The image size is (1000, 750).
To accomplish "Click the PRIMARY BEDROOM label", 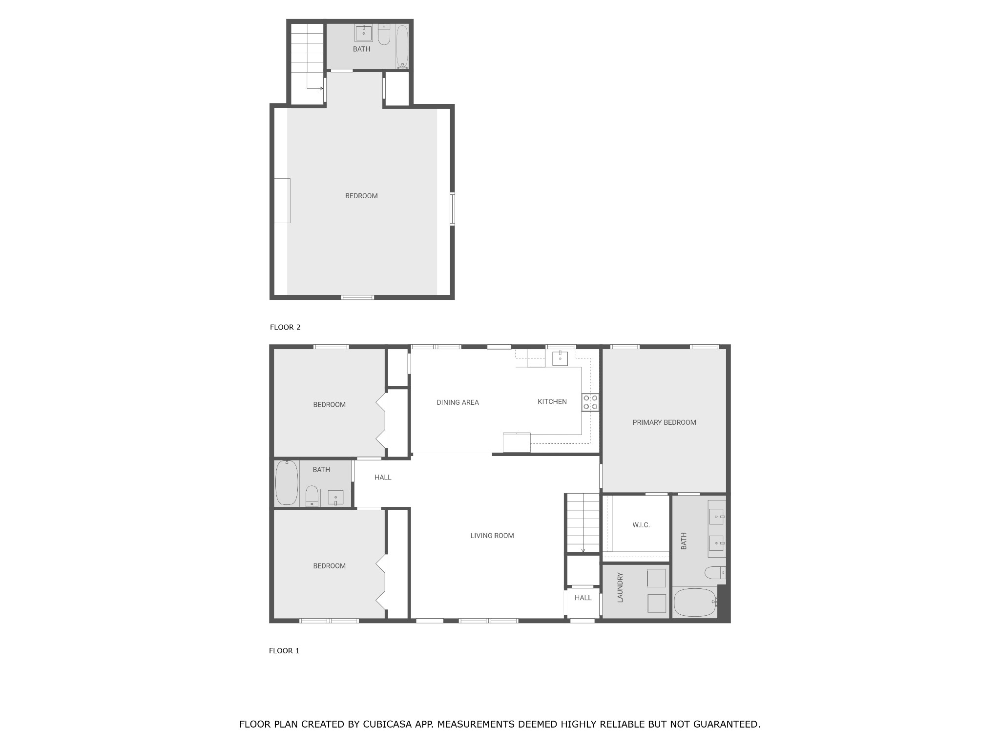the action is pos(664,422).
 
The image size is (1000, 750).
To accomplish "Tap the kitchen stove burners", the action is pos(590,402).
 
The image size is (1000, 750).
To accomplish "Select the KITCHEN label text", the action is pos(552,401).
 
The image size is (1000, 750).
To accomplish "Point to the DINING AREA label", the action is pos(458,402).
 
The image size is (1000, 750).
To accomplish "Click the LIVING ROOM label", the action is pos(492,536).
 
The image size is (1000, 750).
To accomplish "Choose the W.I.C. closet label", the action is pos(641,525).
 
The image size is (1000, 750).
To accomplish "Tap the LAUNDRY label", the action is pos(620,587).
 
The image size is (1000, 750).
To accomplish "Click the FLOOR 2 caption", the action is pos(285,327).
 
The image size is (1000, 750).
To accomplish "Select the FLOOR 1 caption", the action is pos(284,650).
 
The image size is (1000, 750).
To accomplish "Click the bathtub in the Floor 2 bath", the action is pos(402,47).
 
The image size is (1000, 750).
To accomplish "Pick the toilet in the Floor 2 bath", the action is pos(384,35).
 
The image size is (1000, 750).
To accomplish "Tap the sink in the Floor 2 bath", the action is pos(363,33).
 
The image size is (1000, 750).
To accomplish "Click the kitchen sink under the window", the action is pos(560,358).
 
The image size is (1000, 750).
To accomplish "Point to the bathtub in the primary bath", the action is pos(695,603).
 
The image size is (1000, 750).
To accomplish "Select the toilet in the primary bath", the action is pos(715,573).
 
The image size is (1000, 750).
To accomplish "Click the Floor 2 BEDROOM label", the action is pos(361,196).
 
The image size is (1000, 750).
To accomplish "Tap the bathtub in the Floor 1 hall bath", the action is pos(287,483).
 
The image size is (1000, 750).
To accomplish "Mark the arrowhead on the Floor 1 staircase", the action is pos(583,551).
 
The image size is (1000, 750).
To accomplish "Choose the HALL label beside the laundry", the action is pos(583,598).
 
